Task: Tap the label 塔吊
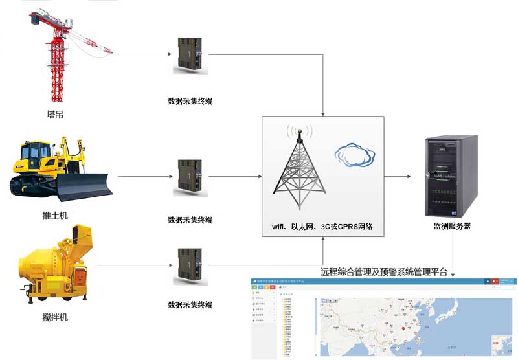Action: click(55, 115)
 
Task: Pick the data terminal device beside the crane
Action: click(190, 56)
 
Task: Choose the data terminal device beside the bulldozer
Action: click(190, 177)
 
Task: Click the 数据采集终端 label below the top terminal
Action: click(190, 101)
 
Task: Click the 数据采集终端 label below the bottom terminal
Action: click(190, 304)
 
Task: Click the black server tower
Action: click(450, 176)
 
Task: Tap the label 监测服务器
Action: click(452, 227)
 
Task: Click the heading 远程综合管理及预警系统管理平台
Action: click(384, 272)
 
